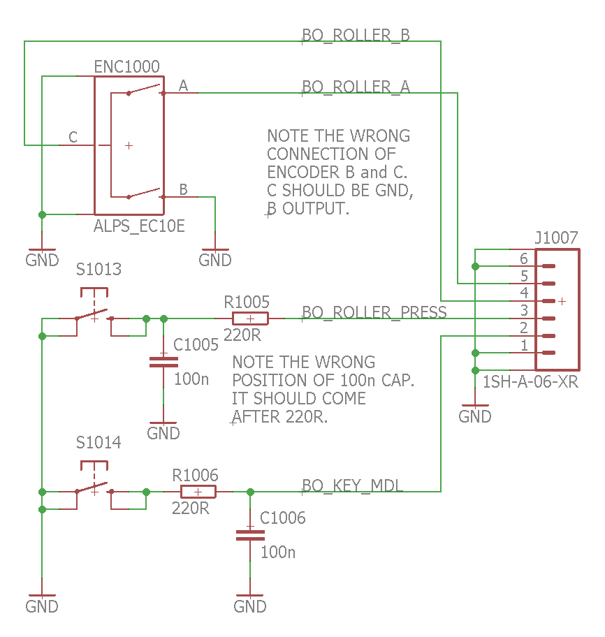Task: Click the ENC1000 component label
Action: (x=126, y=67)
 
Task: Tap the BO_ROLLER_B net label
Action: (x=356, y=36)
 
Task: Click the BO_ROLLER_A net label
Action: (x=356, y=87)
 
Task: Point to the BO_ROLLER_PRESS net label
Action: (x=374, y=312)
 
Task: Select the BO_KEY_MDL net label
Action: (x=352, y=485)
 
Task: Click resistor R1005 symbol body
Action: (x=249, y=318)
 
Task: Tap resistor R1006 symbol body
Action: (x=198, y=492)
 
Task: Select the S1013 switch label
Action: (x=99, y=269)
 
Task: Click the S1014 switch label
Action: (x=99, y=442)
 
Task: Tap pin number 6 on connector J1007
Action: (x=523, y=258)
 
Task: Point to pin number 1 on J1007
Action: (x=523, y=345)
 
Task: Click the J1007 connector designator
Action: (x=556, y=237)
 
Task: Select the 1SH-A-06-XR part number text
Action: (x=530, y=382)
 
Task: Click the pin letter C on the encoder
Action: (x=73, y=137)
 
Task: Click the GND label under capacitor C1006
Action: (x=250, y=606)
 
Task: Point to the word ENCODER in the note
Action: (x=302, y=172)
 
